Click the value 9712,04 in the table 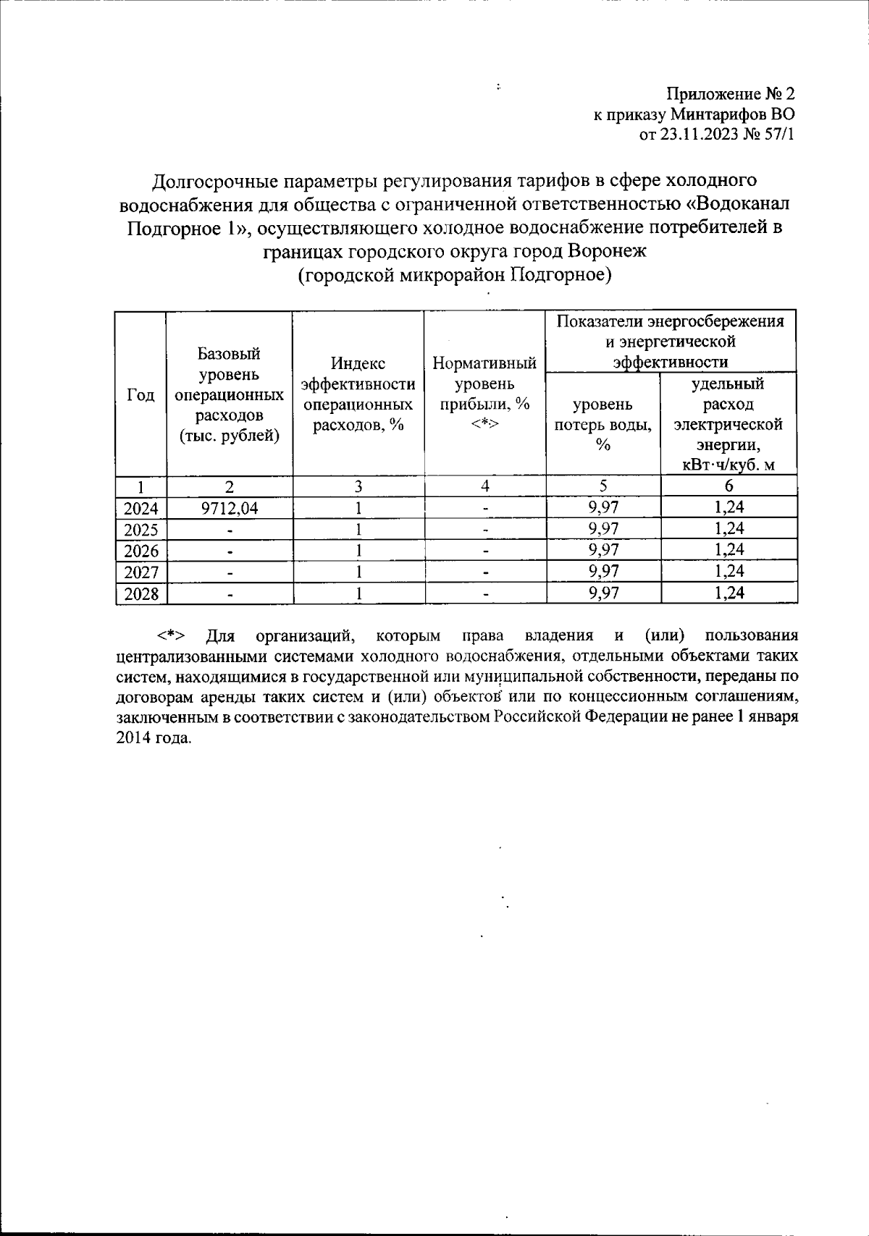(230, 508)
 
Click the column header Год (141, 395)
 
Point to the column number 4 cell (484, 486)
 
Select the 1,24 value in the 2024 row (729, 508)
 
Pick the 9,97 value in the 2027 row (603, 572)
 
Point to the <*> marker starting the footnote (171, 636)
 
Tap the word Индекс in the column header (358, 363)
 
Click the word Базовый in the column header (230, 354)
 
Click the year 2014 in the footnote (132, 739)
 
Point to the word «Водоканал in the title (732, 203)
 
